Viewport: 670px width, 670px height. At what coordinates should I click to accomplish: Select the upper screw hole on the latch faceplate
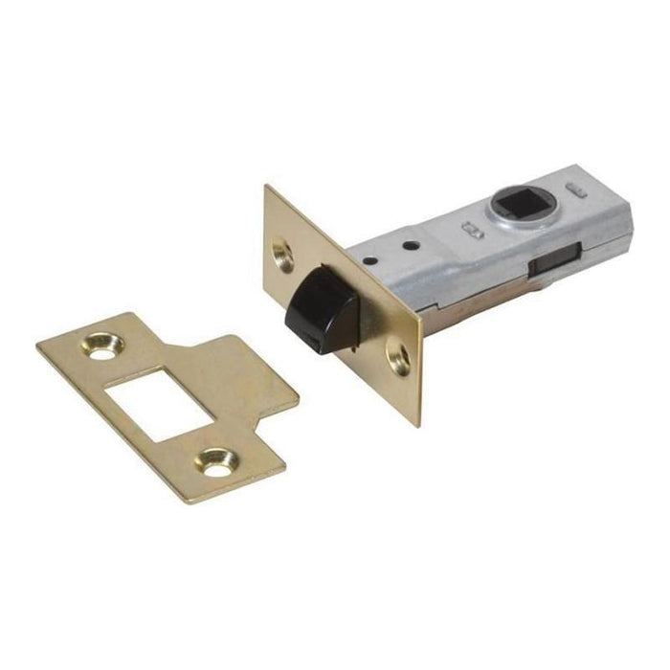(282, 253)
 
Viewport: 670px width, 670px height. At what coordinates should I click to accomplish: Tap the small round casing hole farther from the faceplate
(412, 246)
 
